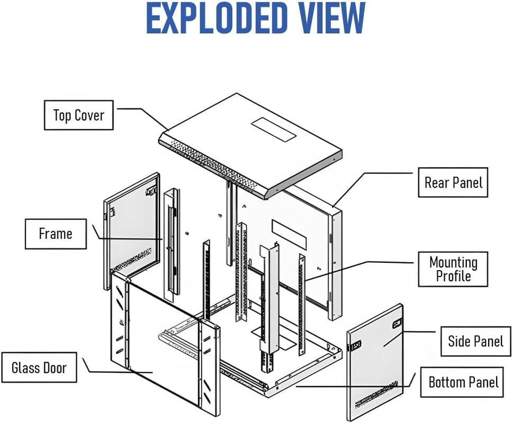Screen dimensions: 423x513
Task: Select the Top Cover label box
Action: point(78,115)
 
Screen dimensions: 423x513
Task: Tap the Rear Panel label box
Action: point(453,182)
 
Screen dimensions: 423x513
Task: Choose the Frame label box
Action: point(56,234)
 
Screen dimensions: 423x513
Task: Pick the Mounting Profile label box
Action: point(453,269)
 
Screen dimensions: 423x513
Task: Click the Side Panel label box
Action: point(475,341)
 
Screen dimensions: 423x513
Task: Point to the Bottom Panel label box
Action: point(463,382)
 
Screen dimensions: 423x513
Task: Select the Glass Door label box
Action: point(39,367)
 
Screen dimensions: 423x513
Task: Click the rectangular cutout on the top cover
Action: point(273,129)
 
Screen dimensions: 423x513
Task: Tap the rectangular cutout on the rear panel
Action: point(289,233)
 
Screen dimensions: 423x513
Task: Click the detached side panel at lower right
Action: point(375,360)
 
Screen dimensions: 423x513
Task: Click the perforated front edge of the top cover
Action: point(212,164)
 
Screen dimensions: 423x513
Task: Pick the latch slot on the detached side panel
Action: point(396,321)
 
